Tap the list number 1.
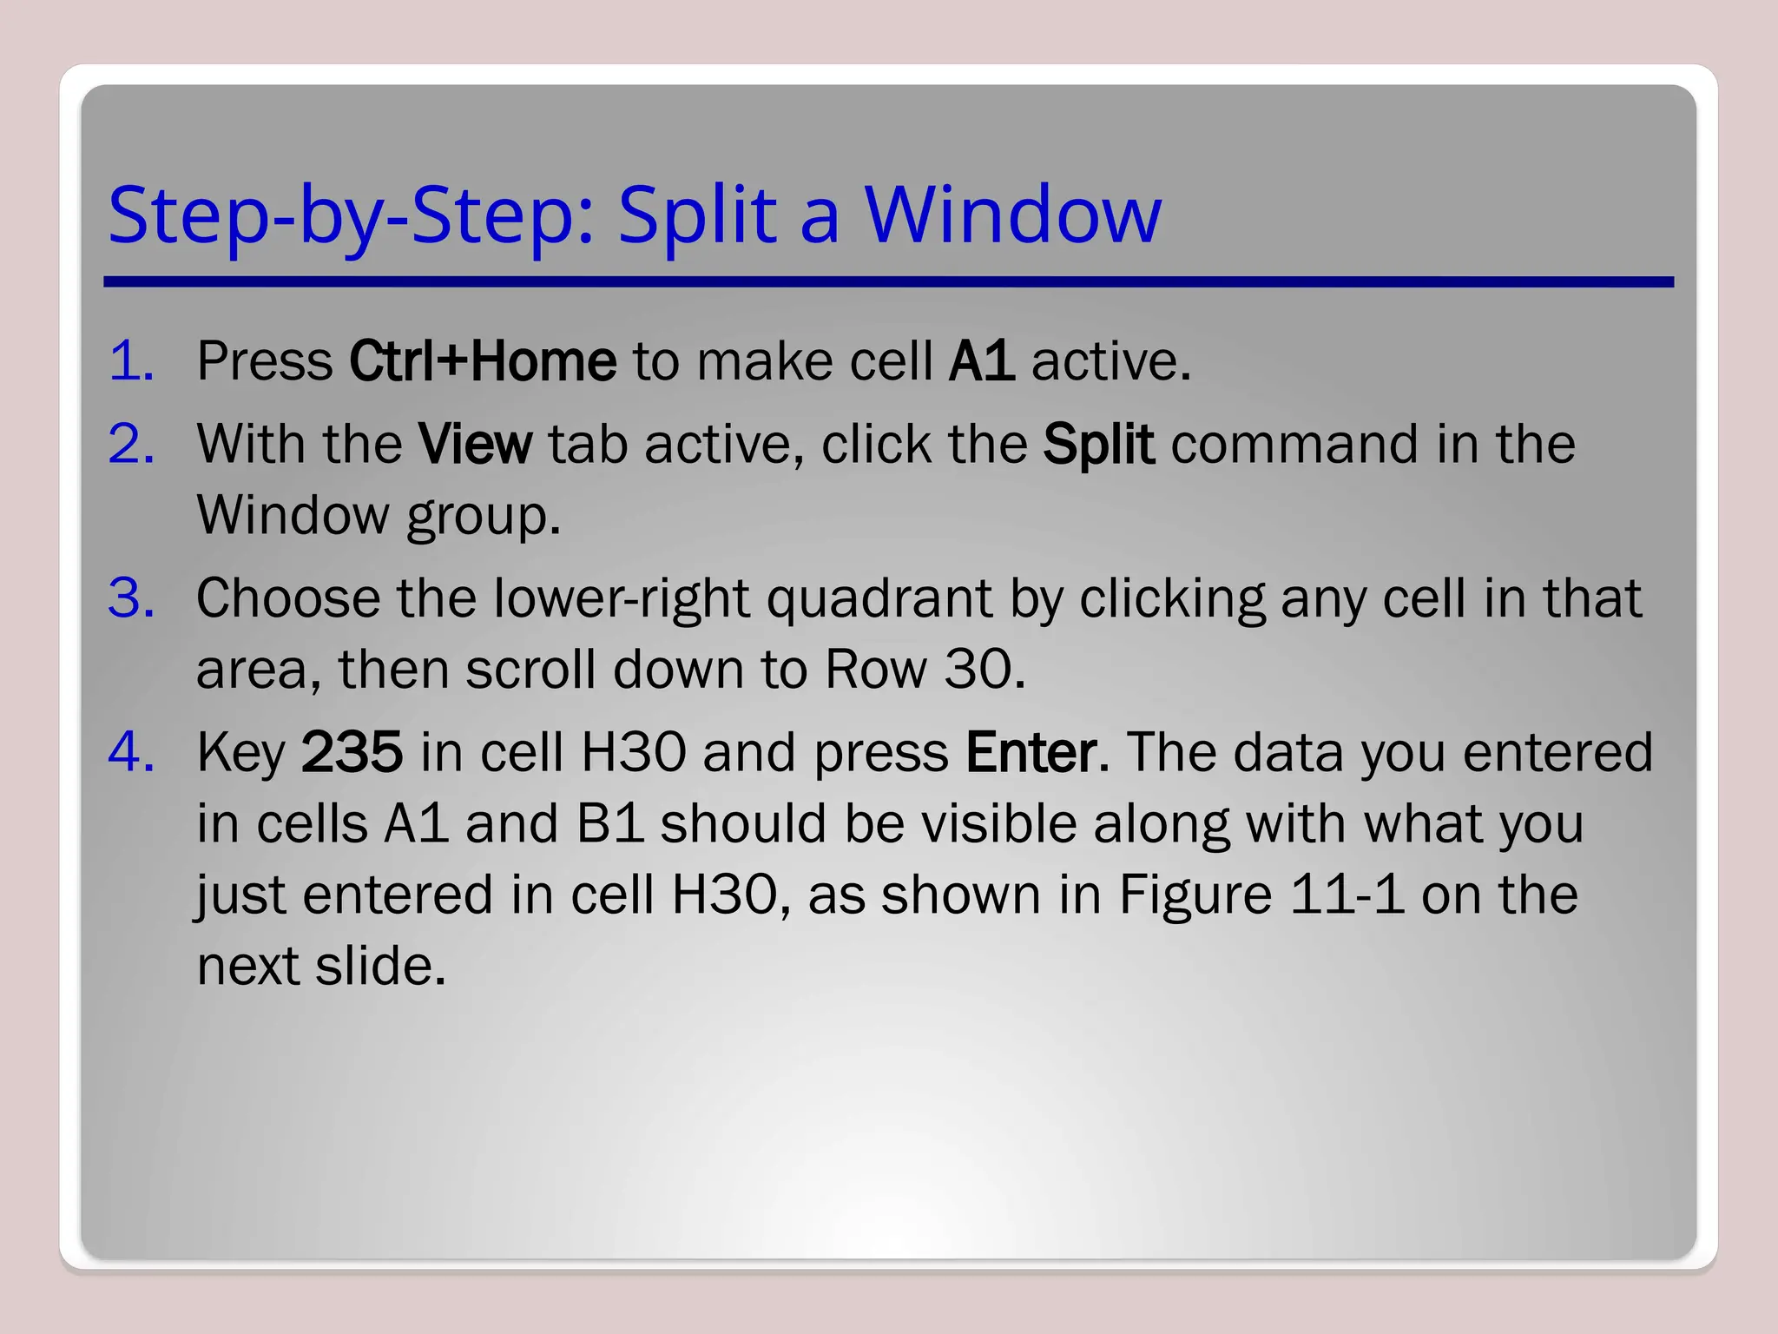(x=131, y=360)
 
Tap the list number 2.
(x=131, y=444)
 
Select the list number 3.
(x=131, y=598)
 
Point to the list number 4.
(x=131, y=752)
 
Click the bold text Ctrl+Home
(x=482, y=360)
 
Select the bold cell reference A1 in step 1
(x=981, y=360)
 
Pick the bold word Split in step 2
(x=1098, y=444)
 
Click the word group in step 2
(x=483, y=517)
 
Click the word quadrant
(x=879, y=598)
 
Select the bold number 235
(x=352, y=752)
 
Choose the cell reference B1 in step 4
(x=609, y=823)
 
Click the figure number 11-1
(x=1346, y=895)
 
